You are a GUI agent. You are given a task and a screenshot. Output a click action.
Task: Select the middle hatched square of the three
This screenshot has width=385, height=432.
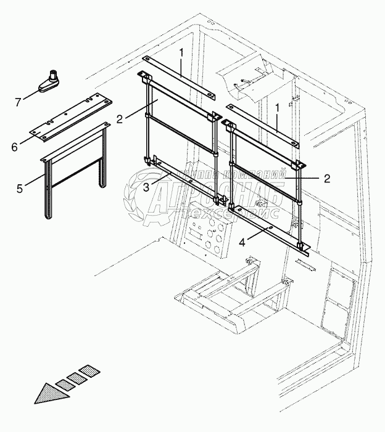[77, 377]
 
